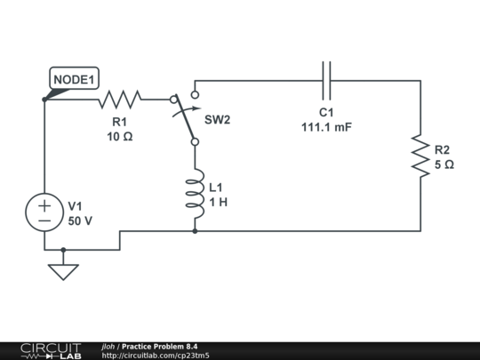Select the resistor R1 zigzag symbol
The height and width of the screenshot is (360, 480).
(120, 99)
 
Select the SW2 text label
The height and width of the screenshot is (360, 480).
(218, 119)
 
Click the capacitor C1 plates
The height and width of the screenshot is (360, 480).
(326, 80)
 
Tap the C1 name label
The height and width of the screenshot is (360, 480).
(326, 113)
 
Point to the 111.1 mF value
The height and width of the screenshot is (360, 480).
(326, 127)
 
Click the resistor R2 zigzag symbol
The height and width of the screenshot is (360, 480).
(418, 156)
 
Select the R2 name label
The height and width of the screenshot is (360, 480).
(443, 149)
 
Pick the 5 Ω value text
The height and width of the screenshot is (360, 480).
(444, 164)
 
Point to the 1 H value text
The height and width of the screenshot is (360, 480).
(219, 202)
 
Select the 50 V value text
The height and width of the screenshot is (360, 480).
(80, 221)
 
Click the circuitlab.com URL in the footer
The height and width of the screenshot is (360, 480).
(156, 356)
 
